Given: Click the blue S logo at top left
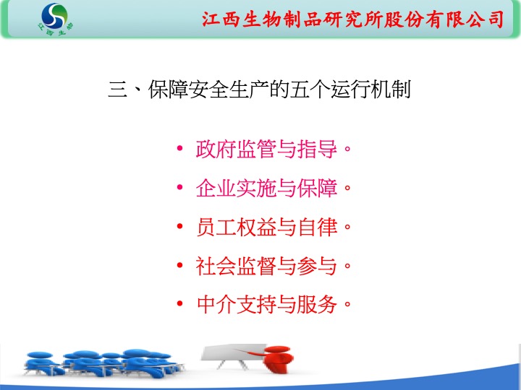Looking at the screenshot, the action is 54,16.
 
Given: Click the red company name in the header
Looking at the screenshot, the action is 353,19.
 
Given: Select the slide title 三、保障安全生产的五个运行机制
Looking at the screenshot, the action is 260,90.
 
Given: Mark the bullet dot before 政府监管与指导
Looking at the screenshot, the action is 179,148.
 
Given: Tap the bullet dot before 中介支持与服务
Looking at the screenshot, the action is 179,303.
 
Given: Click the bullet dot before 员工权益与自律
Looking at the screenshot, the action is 179,226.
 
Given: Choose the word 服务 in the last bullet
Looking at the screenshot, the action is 317,305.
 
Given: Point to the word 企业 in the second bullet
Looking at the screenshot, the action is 216,188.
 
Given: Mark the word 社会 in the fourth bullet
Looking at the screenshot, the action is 216,266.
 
